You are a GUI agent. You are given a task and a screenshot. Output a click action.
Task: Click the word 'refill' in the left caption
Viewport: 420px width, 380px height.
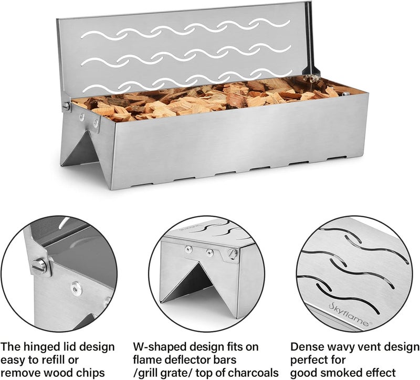tap(68, 360)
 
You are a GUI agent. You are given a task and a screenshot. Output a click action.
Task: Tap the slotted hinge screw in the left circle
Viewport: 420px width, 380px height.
tap(39, 267)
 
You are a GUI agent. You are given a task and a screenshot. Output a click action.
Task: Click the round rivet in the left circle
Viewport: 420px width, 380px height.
tap(77, 287)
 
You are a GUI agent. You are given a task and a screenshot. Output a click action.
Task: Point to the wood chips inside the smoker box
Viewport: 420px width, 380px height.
tap(210, 97)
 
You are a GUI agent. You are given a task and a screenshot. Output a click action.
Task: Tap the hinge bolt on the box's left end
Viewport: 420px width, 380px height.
tap(67, 106)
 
